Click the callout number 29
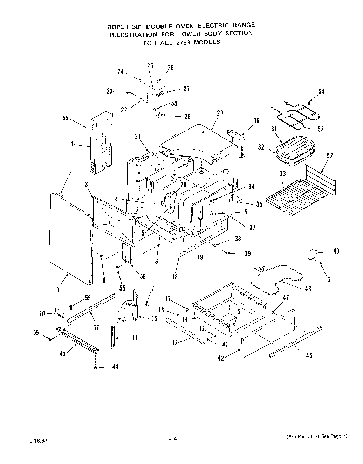tap(220, 113)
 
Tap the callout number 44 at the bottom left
tap(115, 367)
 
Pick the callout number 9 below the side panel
tap(57, 290)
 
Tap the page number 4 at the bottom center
tap(176, 439)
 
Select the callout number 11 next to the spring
tap(134, 338)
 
